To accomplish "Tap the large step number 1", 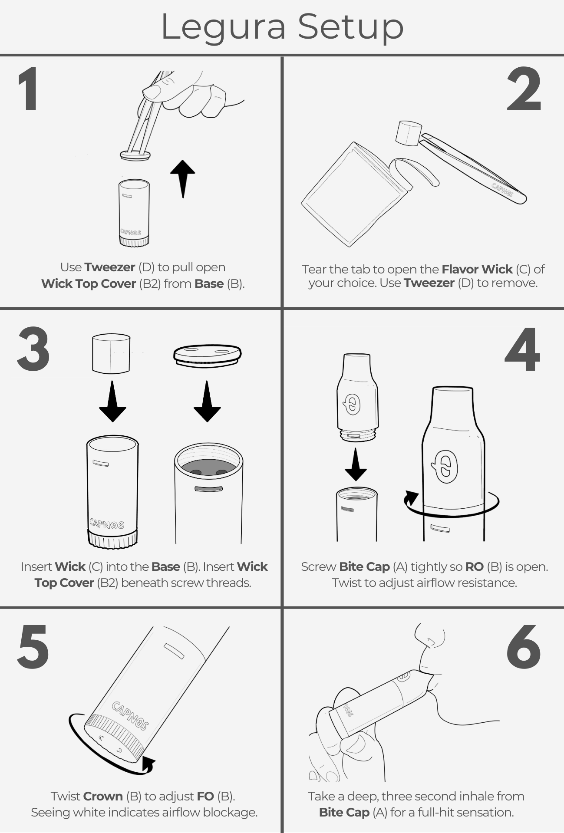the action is point(28,89).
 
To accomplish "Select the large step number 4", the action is point(522,349).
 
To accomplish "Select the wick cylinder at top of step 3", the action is point(111,353).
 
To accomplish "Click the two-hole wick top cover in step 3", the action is point(207,356).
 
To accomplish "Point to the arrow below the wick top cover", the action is point(207,402).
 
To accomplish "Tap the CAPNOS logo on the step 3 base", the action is point(107,524).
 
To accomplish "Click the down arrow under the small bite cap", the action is point(356,464).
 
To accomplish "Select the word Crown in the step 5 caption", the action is point(103,796).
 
